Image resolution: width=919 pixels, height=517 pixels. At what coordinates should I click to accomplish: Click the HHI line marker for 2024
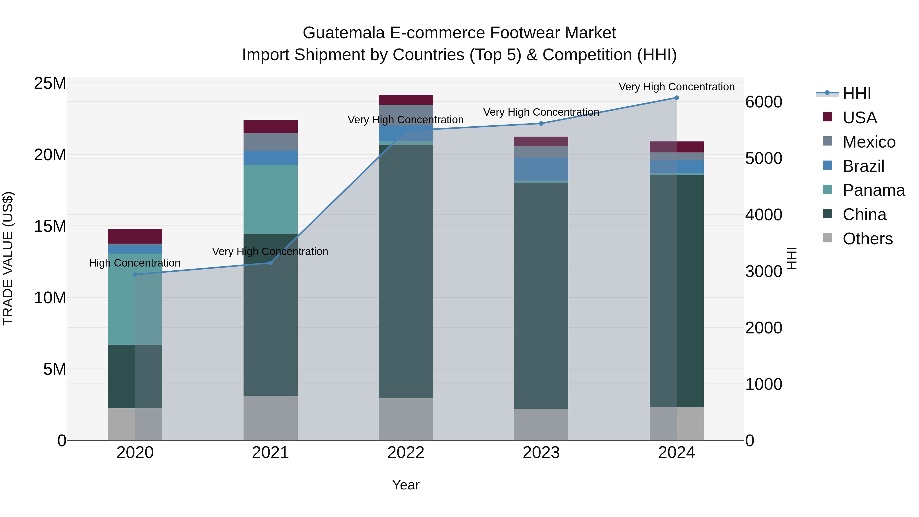[676, 98]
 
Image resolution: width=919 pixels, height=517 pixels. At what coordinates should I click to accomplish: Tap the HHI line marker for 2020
[135, 274]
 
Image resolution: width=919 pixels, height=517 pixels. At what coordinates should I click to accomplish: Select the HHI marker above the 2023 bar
[541, 124]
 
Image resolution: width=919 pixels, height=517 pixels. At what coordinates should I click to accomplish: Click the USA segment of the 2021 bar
[270, 126]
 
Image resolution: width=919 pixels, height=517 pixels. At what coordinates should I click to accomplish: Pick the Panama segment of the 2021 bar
[270, 199]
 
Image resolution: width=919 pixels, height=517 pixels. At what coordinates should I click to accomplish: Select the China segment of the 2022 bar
[406, 271]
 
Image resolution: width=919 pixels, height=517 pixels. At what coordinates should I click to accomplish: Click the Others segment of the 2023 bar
[541, 424]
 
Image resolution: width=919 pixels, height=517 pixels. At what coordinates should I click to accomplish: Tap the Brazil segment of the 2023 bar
[541, 169]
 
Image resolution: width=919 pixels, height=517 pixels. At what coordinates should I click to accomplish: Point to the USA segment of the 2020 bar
[135, 236]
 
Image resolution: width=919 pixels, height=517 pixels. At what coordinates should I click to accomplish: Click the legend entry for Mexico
[868, 142]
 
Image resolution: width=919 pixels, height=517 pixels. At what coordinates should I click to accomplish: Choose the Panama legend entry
[873, 190]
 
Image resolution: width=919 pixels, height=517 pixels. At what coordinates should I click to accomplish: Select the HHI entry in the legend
[856, 93]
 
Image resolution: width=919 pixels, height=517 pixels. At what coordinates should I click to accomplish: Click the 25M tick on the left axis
[50, 83]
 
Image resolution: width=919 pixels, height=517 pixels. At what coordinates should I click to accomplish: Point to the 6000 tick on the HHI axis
[764, 102]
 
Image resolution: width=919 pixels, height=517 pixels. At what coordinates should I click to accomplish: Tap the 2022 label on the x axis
[406, 453]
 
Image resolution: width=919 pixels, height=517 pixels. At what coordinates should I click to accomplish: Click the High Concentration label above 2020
[135, 263]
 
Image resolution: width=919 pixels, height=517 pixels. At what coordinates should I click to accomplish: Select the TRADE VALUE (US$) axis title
[8, 258]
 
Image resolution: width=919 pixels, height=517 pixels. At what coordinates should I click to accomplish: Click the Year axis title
[406, 485]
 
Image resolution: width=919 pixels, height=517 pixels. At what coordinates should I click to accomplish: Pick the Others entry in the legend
[867, 239]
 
